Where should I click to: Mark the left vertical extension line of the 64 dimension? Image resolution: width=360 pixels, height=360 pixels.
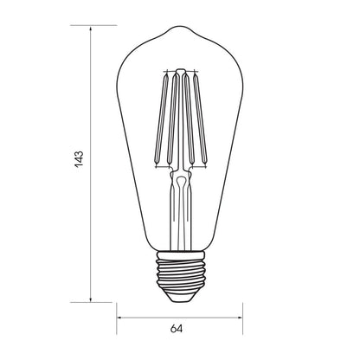tap(117, 299)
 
